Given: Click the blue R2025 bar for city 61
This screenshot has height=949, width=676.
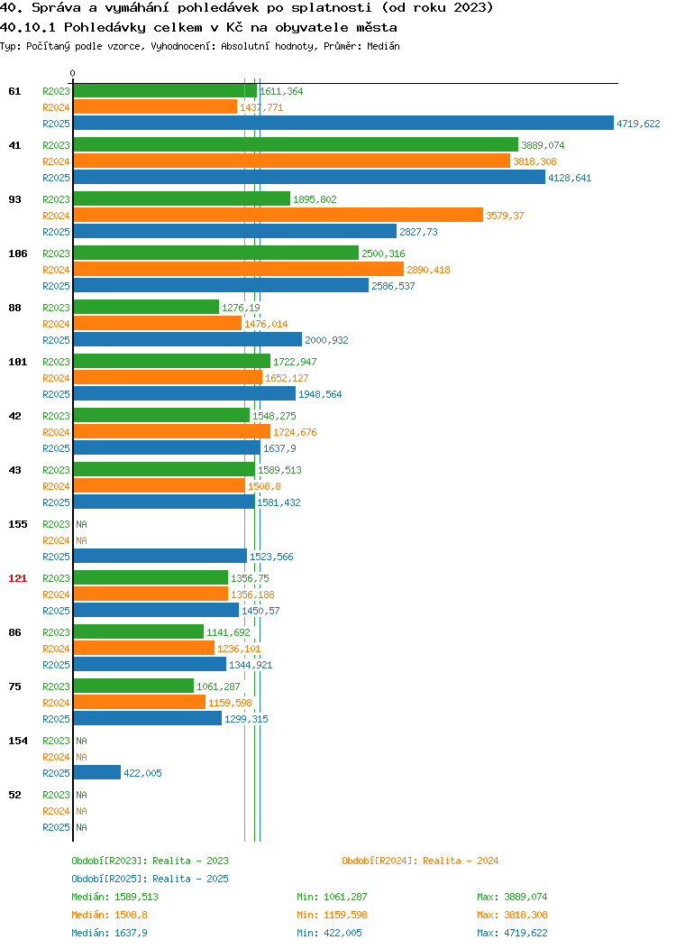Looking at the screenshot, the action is [x=343, y=123].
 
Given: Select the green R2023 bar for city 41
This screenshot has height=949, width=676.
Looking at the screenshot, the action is [x=296, y=144].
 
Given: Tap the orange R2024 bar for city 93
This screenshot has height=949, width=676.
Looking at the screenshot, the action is [x=279, y=215].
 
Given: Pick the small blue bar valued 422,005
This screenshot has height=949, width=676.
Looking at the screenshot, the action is [x=96, y=772].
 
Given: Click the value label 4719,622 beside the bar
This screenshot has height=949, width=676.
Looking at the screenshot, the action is [x=638, y=124].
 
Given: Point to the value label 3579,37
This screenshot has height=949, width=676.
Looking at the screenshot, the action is [x=505, y=216].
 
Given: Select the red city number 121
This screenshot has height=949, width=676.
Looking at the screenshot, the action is [x=17, y=578].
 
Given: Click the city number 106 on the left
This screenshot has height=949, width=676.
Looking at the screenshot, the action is [x=17, y=253].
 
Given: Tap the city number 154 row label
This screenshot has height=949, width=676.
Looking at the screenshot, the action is [x=17, y=741].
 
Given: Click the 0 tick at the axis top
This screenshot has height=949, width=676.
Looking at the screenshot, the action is [x=73, y=73].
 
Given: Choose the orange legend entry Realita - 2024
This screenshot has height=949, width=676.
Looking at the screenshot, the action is [x=420, y=861].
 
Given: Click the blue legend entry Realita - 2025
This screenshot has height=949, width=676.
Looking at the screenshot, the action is [x=150, y=879].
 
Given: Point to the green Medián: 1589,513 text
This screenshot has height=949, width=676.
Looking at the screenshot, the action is [x=114, y=897].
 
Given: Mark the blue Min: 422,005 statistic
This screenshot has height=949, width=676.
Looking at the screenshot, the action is [x=330, y=934].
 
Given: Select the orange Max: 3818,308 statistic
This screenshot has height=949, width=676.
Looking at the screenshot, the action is [x=512, y=915].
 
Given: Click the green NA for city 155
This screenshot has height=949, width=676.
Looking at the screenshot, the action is [x=82, y=524].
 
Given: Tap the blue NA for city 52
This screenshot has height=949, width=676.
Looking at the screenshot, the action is [x=82, y=827].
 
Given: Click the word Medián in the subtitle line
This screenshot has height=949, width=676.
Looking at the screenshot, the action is [x=383, y=46].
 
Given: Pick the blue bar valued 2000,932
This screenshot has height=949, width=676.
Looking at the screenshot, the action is [x=187, y=339].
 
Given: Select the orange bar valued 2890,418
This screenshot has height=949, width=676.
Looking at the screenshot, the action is [x=238, y=270].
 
